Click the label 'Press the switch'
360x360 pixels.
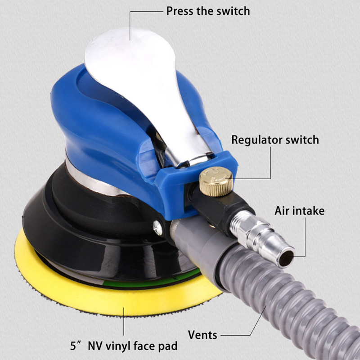pyautogui.click(x=207, y=11)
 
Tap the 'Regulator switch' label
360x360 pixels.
pyautogui.click(x=275, y=139)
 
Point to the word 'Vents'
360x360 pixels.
pyautogui.click(x=203, y=335)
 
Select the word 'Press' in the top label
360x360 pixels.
pyautogui.click(x=180, y=11)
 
